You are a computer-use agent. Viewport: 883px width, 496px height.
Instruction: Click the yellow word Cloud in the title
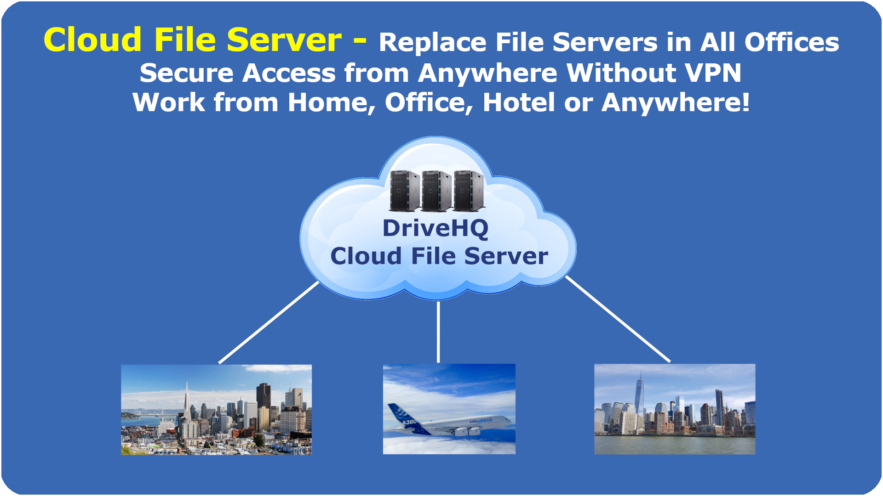92,39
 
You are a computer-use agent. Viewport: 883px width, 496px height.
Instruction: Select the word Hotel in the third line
519,102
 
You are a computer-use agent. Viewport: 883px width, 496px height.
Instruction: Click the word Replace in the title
433,43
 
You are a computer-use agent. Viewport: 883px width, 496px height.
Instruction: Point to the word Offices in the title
791,42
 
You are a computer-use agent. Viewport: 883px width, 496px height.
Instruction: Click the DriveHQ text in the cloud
435,228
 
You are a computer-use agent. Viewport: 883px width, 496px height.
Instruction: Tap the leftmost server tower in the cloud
405,191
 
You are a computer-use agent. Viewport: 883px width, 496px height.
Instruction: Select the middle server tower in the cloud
436,191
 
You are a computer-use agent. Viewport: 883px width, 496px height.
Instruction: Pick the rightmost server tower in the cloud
469,191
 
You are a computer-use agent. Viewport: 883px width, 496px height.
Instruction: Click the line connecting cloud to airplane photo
438,332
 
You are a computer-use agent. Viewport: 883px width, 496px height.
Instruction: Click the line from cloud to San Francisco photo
269,322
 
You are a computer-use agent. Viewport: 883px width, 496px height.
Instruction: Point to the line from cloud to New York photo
618,319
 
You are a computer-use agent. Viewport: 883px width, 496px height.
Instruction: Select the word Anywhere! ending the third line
676,102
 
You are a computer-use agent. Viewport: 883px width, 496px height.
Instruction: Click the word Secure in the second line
187,73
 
